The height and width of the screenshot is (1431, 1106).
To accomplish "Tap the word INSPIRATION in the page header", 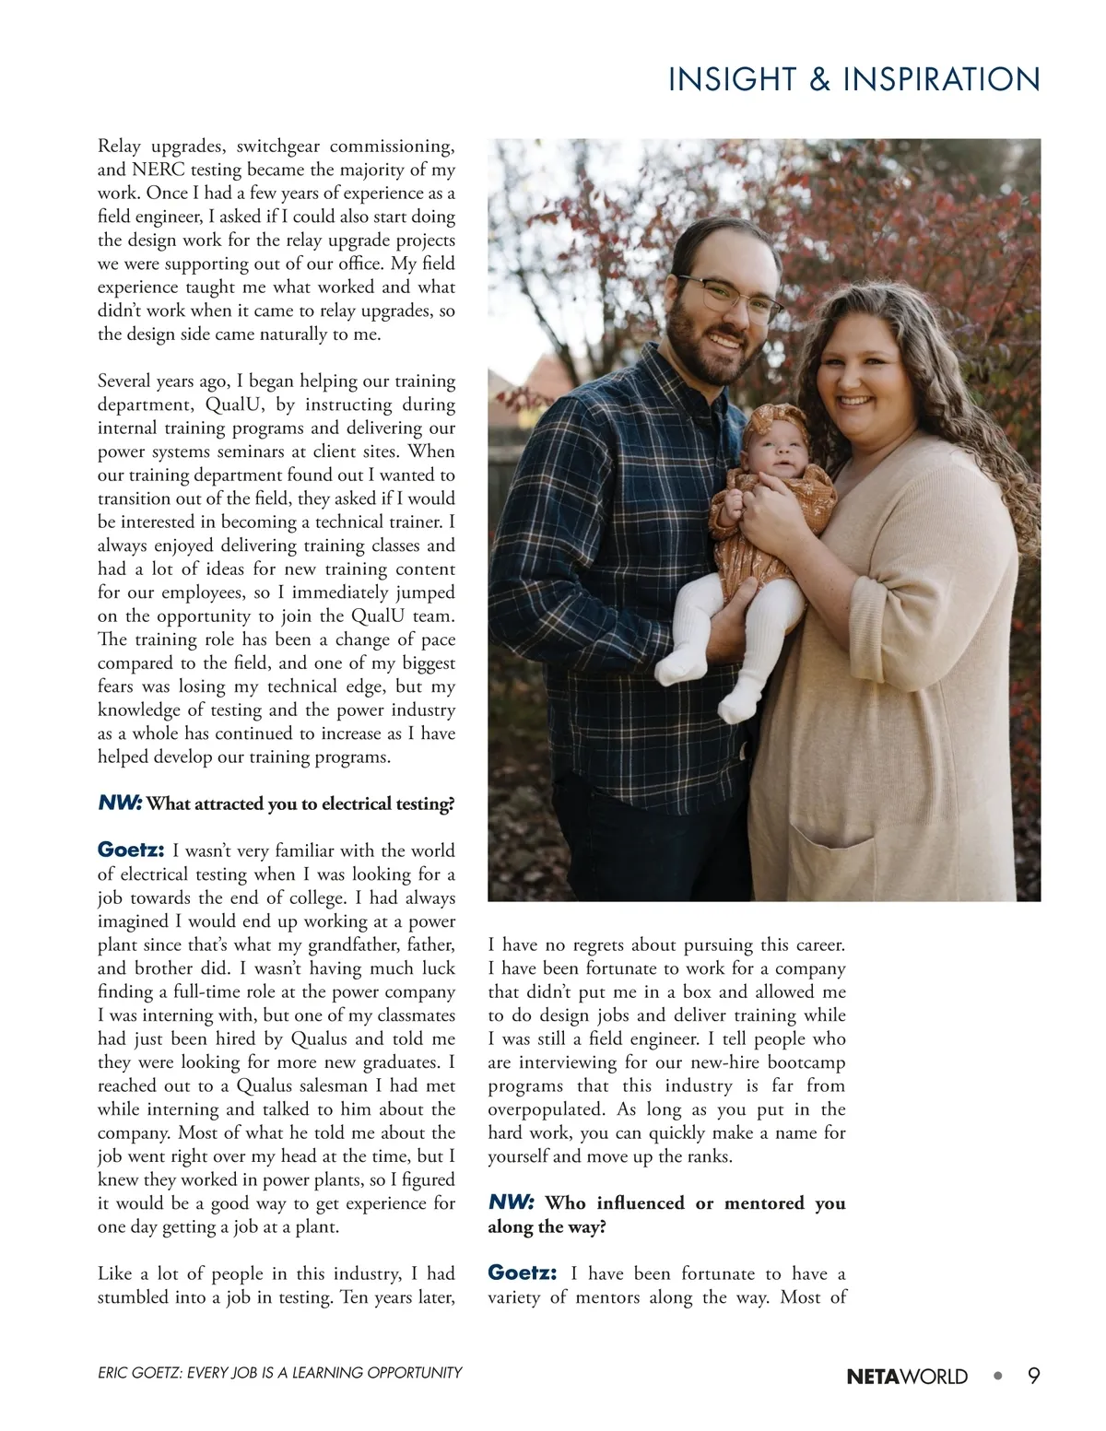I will click(x=941, y=80).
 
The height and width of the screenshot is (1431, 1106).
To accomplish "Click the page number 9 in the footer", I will click(x=1034, y=1376).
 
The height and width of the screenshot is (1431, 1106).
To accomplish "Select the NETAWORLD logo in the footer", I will click(x=907, y=1377).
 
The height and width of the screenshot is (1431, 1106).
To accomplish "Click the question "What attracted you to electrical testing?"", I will click(x=300, y=803).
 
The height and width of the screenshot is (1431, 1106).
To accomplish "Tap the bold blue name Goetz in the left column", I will click(x=131, y=849).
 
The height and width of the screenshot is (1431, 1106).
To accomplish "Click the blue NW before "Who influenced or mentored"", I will click(x=511, y=1202).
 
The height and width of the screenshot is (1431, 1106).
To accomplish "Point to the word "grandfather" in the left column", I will click(x=356, y=944).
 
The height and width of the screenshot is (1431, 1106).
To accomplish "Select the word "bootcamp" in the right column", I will click(x=805, y=1062).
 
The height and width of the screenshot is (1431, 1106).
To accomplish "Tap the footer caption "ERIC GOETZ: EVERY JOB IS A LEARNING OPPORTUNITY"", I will click(x=279, y=1373).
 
